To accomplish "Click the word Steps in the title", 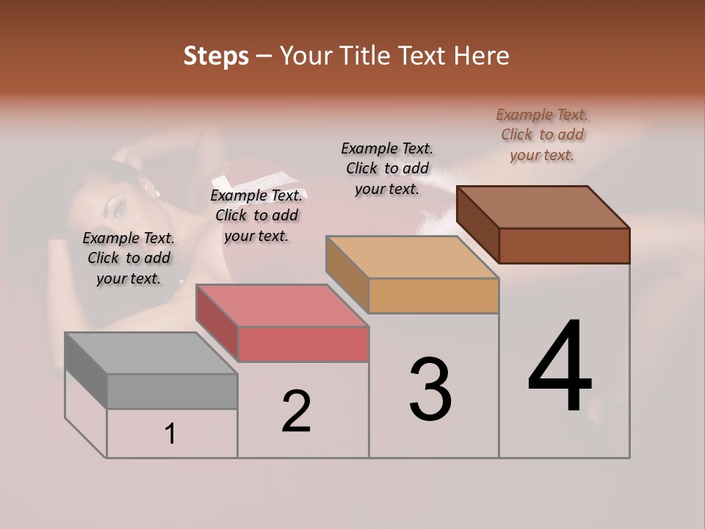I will (x=216, y=56).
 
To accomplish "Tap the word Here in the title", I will (x=481, y=56).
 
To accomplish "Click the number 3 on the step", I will (x=430, y=389).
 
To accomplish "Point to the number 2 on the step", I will (x=296, y=411).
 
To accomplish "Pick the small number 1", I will (x=170, y=434).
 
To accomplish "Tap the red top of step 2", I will (x=283, y=306).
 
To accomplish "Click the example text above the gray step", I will (x=129, y=258).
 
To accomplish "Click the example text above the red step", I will (x=256, y=215).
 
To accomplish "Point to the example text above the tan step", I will (x=387, y=168).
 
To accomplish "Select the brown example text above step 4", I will (x=542, y=134).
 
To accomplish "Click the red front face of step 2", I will (x=303, y=345).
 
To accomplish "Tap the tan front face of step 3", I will (x=433, y=296).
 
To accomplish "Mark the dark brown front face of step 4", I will (x=564, y=245).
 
